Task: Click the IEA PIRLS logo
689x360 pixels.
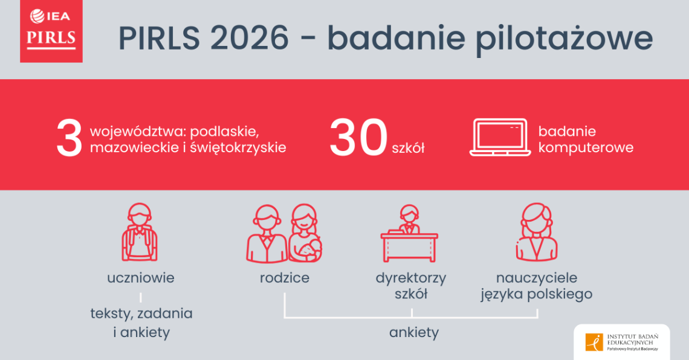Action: tap(51, 31)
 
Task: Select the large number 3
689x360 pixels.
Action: tap(69, 139)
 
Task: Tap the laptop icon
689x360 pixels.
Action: tap(499, 138)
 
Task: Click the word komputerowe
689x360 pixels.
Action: tap(586, 147)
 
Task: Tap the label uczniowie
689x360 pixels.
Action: tap(140, 278)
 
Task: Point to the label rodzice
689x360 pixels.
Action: tap(284, 278)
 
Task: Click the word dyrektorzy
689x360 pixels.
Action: tap(411, 278)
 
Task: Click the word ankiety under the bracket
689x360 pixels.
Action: tap(414, 332)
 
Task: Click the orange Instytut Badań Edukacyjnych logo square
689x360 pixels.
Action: tap(594, 342)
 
